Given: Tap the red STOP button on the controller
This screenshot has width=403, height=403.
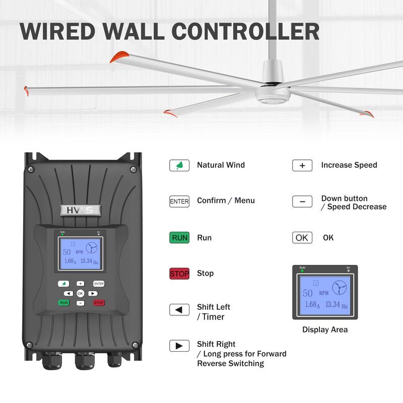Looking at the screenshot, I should point(98,303).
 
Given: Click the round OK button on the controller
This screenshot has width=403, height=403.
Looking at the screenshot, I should point(80,293).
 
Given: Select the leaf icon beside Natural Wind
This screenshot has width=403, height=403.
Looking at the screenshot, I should point(179,165).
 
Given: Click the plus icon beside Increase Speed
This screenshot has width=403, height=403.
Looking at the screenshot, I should point(302,165).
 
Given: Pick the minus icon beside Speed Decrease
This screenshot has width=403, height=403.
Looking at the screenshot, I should point(302,201).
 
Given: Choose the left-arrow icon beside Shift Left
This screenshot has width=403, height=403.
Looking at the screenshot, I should point(179,310).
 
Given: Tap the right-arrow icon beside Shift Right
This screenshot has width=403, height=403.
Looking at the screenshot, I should point(179,346).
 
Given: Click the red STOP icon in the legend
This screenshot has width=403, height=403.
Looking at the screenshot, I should point(179,274).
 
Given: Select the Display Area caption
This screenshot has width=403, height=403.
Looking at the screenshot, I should point(325,330).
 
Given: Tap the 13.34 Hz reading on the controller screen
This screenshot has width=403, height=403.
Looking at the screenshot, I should point(89,261).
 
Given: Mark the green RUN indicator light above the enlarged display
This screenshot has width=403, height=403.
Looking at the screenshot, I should point(302,271).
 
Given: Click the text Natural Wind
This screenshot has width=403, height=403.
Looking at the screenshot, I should point(221,165).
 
